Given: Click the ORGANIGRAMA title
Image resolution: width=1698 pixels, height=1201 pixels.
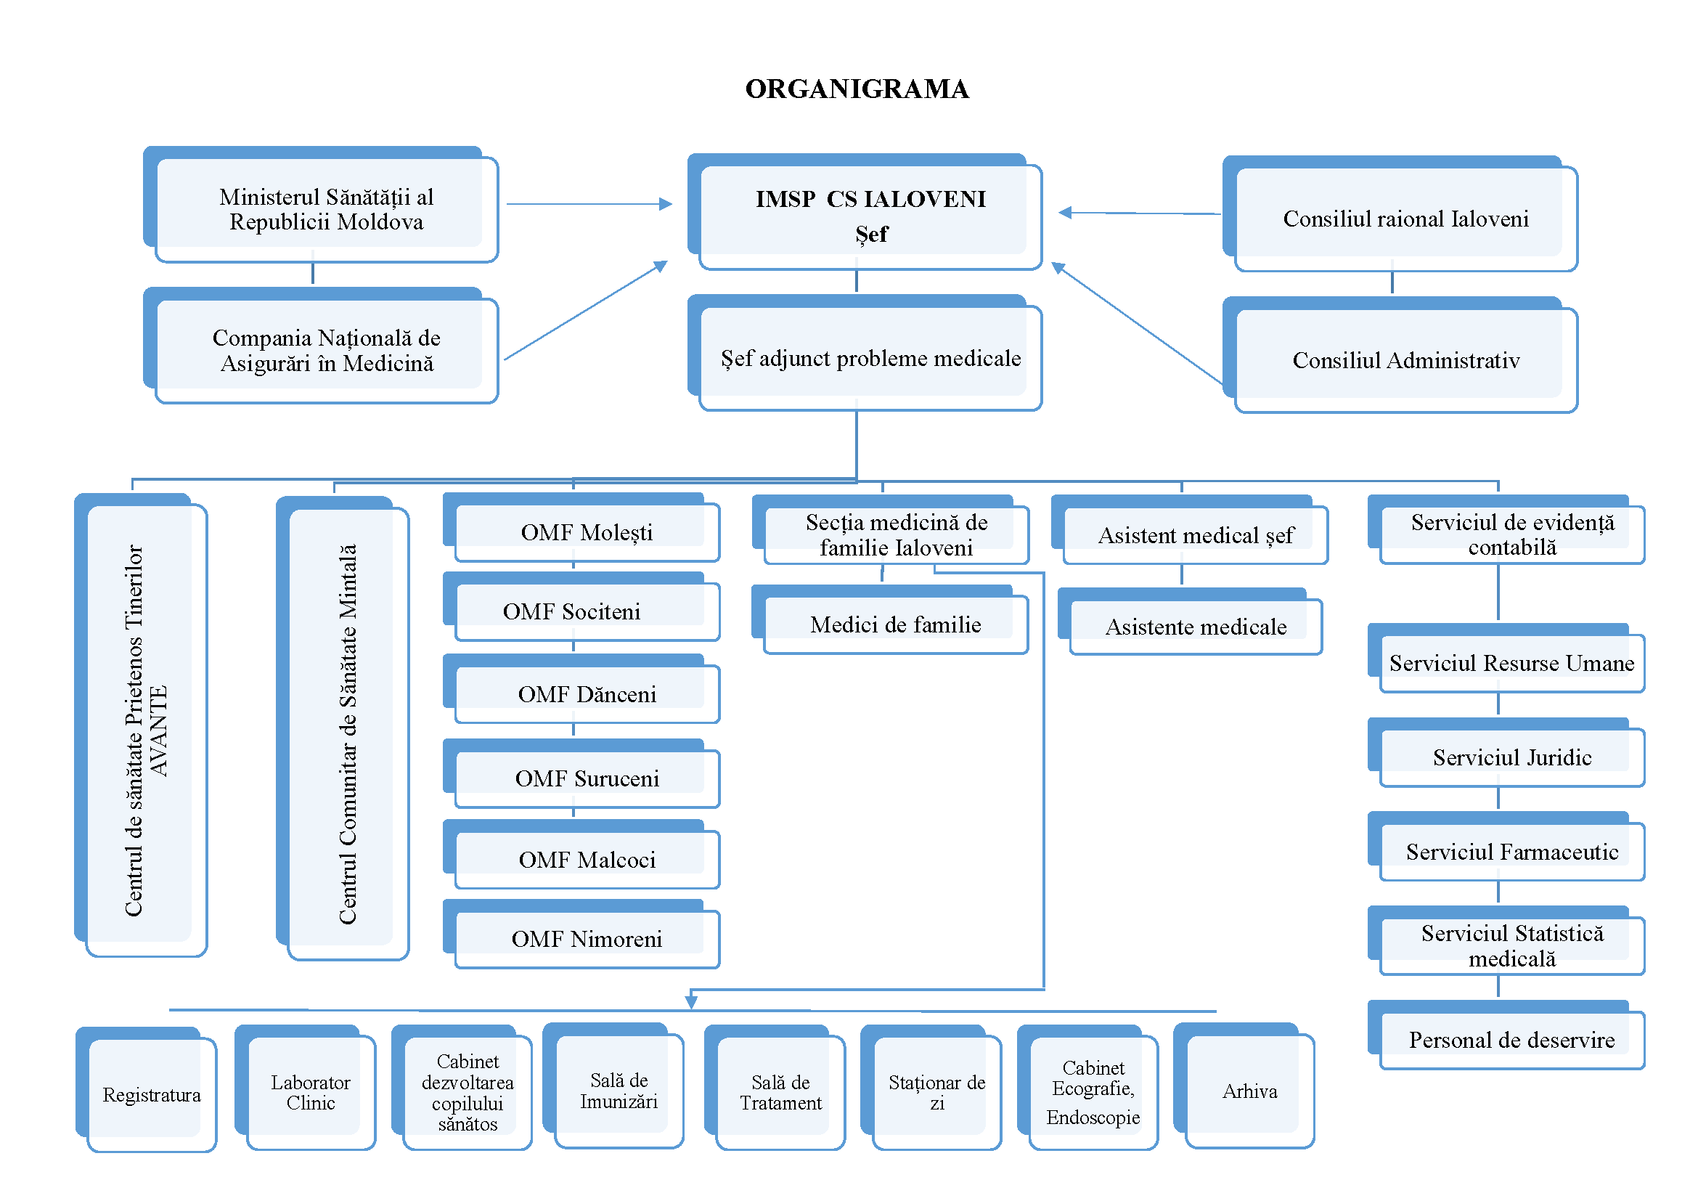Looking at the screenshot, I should (x=857, y=89).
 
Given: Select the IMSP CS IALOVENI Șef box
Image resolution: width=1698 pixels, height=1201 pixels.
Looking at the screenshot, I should (x=870, y=216).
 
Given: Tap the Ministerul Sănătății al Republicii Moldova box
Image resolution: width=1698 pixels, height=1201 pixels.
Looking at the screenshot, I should (x=326, y=209).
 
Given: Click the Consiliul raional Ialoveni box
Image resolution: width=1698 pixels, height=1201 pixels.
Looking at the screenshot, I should (x=1405, y=219).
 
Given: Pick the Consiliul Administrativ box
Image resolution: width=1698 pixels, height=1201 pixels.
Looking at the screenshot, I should (x=1405, y=360).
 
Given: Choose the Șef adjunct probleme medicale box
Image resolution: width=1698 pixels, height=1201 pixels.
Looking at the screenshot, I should (x=870, y=359).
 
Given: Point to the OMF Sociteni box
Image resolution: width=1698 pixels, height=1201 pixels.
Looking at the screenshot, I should (x=587, y=611).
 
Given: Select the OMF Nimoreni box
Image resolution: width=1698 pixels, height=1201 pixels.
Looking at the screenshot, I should (x=587, y=939).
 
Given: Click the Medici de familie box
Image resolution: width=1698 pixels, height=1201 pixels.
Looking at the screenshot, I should (x=895, y=625).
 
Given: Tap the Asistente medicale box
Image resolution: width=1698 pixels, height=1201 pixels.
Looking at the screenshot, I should (x=1195, y=627).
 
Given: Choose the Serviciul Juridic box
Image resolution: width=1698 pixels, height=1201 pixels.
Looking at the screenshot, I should (x=1511, y=758).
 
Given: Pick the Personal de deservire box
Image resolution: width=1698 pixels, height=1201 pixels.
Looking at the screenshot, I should (x=1511, y=1041).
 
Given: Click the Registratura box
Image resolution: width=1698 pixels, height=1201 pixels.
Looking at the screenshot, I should (x=152, y=1094).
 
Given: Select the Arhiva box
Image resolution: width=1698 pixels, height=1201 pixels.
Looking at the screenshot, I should (x=1249, y=1091).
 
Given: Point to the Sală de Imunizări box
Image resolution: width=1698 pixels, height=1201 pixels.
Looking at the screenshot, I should (x=619, y=1091).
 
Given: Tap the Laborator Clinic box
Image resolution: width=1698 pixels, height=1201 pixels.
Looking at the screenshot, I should (x=311, y=1093).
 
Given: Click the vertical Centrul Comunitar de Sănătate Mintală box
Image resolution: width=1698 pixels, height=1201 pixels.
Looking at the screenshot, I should (x=348, y=732).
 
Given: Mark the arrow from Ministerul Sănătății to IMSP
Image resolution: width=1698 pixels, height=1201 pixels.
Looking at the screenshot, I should (x=588, y=203).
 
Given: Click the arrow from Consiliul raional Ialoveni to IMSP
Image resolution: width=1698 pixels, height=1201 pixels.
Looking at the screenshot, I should (x=1139, y=213).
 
